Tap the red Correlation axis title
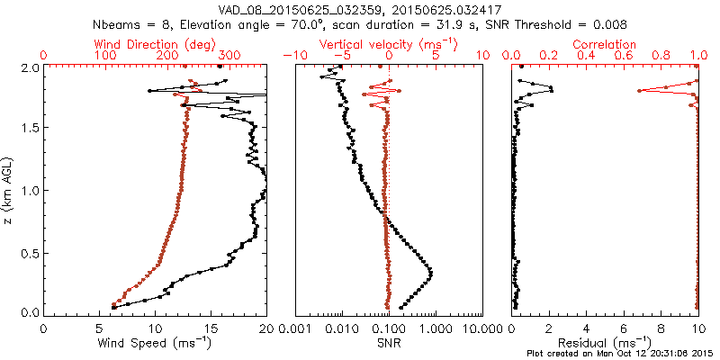click(x=605, y=43)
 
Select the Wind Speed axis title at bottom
click(x=155, y=343)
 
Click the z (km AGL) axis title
click(x=10, y=190)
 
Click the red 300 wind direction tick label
click(x=228, y=56)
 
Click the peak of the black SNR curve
click(x=431, y=273)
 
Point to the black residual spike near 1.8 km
click(x=552, y=90)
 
